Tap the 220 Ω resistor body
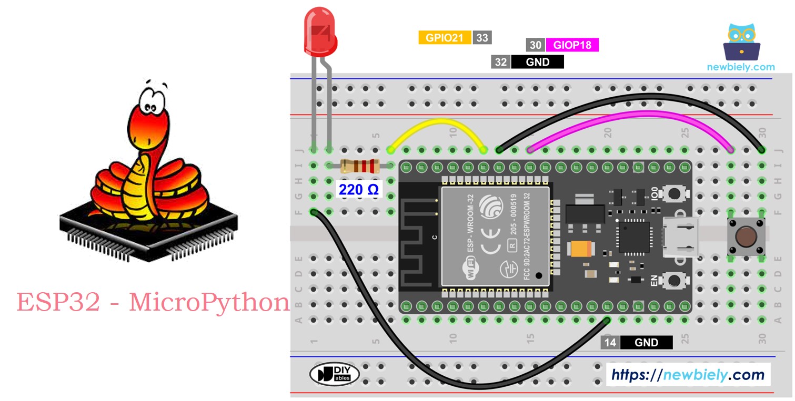(360, 166)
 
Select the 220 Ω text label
(358, 189)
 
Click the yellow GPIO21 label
(445, 38)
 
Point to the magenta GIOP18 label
(572, 45)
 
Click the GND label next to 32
(537, 62)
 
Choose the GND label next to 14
(646, 343)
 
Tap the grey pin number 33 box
(481, 38)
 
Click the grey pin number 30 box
(535, 45)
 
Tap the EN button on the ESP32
(673, 280)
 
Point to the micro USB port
(679, 238)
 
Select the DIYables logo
(334, 374)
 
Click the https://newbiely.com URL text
(688, 375)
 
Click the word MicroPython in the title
(209, 303)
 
